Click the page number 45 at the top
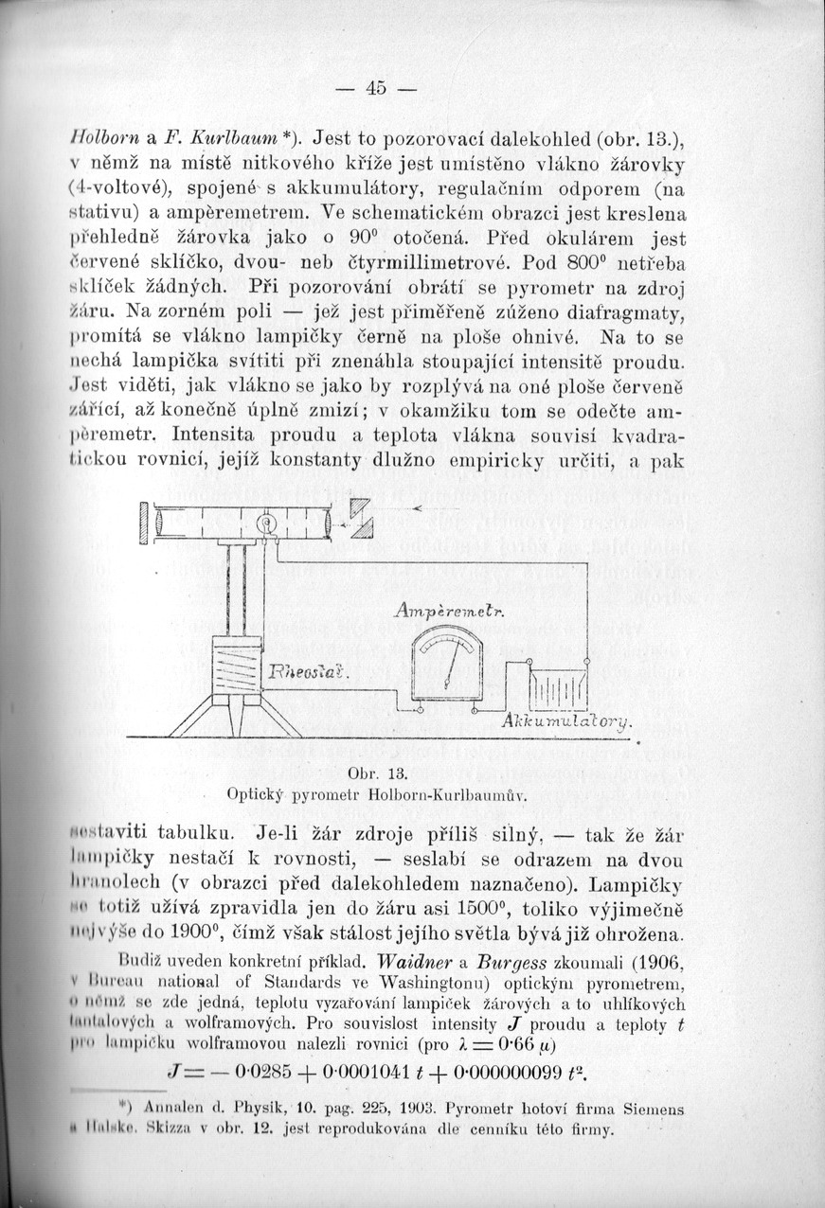tap(375, 88)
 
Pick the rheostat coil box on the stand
tap(235, 668)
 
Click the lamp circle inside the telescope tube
tap(265, 521)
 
